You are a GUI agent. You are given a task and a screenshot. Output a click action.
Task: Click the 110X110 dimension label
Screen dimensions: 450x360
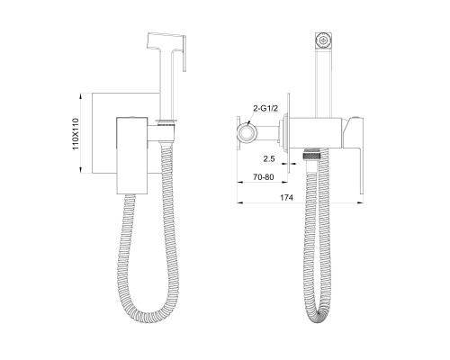76,134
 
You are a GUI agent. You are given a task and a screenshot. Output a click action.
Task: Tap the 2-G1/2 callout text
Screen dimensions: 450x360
265,109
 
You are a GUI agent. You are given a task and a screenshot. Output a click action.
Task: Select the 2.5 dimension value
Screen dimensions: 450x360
269,158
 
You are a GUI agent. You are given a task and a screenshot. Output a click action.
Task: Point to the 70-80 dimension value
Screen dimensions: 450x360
263,177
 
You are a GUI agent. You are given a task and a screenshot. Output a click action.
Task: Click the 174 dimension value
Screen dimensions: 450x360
286,197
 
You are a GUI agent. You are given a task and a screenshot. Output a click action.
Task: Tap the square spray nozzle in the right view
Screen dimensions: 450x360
323,40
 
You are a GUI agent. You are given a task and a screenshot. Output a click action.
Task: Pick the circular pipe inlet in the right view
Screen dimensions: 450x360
246,132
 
